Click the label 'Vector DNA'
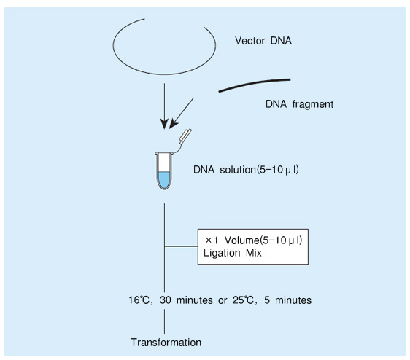tap(263, 41)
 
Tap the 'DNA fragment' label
tap(299, 104)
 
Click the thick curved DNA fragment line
tap(255, 85)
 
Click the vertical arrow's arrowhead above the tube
tap(164, 124)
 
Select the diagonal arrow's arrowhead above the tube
tap(173, 124)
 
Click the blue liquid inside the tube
tap(164, 180)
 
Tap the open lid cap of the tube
tap(185, 136)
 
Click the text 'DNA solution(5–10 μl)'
tap(246, 170)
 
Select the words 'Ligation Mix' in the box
tap(233, 253)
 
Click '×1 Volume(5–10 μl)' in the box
tap(254, 240)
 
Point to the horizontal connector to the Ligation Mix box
tap(181, 246)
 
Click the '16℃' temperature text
tap(139, 300)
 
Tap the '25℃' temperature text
tap(243, 300)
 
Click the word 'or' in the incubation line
tap(223, 300)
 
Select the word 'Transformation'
tap(166, 343)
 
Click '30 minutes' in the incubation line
tap(186, 300)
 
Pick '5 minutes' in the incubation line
tap(287, 300)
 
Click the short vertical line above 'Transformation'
tap(164, 321)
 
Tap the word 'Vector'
tap(250, 41)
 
